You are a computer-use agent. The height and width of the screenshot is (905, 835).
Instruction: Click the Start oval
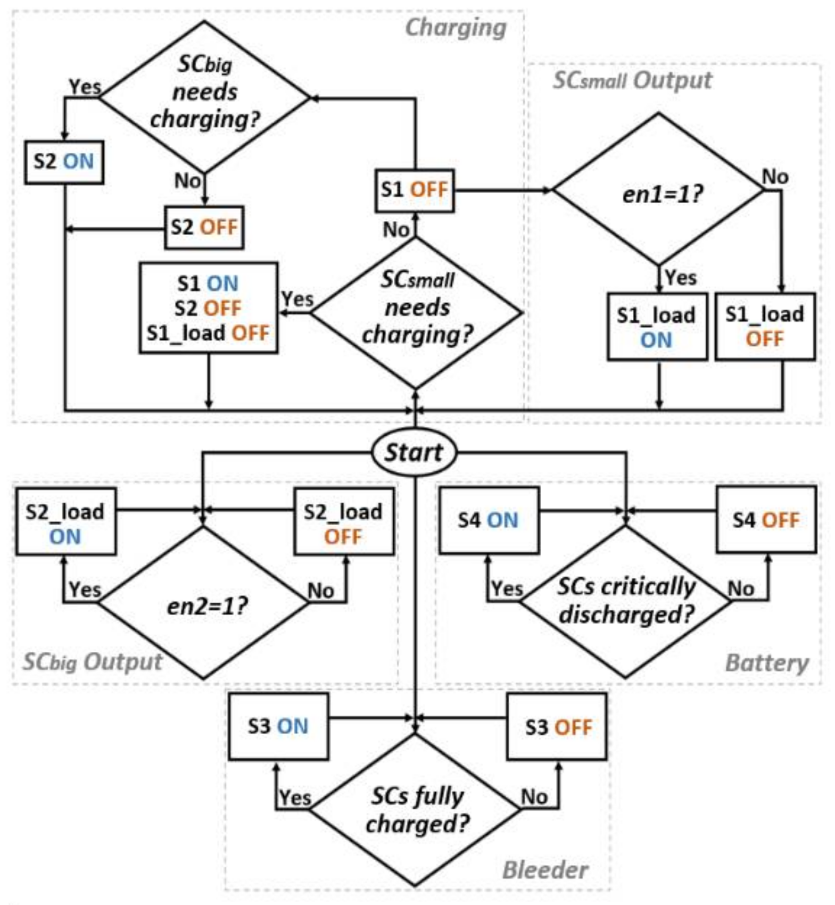click(414, 452)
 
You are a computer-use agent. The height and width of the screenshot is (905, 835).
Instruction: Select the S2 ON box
click(64, 162)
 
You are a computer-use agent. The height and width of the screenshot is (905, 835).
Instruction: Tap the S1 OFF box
click(415, 190)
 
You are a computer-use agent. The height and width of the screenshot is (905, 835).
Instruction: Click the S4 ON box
click(489, 520)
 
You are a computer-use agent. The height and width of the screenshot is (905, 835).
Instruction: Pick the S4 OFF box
click(766, 520)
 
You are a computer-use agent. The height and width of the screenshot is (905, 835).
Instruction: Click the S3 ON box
click(278, 726)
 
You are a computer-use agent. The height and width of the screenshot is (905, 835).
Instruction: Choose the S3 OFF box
click(557, 727)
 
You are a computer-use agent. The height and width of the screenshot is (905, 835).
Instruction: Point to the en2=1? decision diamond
click(204, 604)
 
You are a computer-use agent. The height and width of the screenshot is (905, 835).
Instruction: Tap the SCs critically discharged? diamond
click(626, 601)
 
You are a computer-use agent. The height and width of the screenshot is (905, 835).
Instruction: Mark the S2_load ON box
click(65, 522)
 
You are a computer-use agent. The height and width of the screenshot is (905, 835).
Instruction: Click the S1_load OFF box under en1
click(765, 326)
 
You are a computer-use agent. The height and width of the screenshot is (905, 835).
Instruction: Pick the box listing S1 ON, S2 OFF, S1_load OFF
click(208, 308)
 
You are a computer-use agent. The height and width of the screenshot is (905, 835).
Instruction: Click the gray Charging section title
click(456, 28)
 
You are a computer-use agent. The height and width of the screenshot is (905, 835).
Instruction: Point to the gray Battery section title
click(766, 663)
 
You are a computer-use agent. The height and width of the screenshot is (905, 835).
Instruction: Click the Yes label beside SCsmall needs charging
click(297, 298)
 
